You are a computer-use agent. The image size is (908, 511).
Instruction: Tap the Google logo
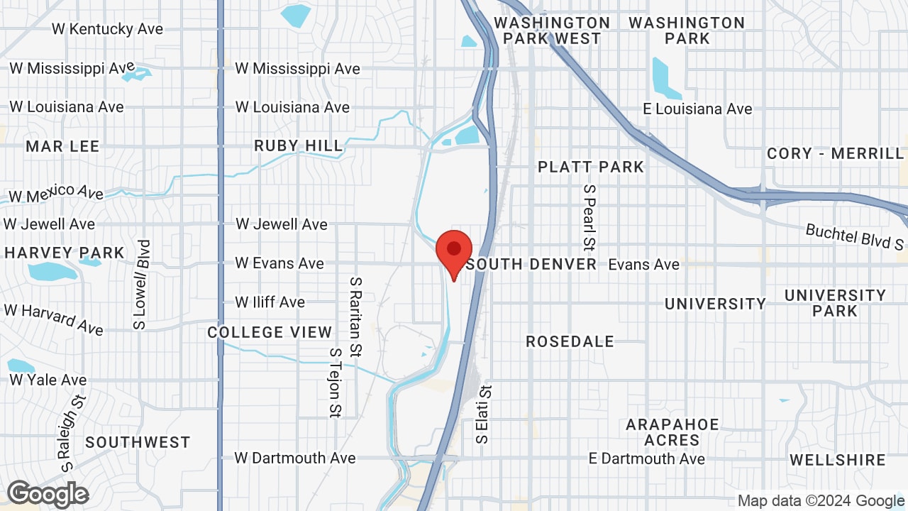(48, 494)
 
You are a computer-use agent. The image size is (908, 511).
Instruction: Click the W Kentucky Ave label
(107, 29)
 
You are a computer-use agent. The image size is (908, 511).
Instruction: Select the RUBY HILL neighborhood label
(299, 146)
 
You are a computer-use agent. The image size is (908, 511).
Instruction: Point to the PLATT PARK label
(591, 167)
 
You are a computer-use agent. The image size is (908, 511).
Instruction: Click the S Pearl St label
(589, 219)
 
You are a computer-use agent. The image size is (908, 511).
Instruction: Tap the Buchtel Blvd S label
(855, 237)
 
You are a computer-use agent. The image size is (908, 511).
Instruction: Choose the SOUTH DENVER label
(532, 265)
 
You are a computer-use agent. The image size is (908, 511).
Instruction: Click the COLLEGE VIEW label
(270, 332)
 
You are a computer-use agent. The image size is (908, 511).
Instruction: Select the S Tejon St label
(336, 382)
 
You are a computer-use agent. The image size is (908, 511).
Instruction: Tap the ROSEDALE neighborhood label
(570, 341)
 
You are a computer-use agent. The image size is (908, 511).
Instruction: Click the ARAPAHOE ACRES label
(672, 432)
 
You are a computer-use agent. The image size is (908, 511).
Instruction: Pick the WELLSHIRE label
(838, 460)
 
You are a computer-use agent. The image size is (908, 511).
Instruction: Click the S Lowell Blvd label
(143, 284)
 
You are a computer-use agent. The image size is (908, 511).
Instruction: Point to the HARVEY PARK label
(64, 253)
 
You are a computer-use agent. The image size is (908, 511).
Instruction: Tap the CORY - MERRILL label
(836, 154)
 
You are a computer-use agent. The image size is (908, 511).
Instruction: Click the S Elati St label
(485, 414)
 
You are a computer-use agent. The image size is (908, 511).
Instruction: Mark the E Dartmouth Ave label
(647, 458)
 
